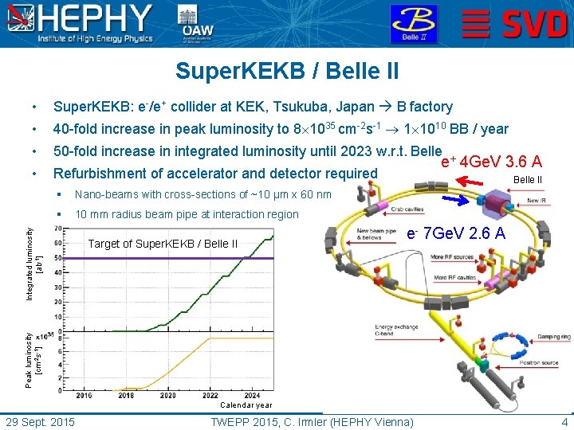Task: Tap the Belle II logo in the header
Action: point(413,23)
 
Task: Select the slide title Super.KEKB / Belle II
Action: point(287,72)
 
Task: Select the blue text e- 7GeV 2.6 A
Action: point(456,233)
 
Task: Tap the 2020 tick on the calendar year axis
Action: point(168,395)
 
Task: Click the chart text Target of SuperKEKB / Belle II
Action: point(163,244)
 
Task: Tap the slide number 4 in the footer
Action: point(564,421)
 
